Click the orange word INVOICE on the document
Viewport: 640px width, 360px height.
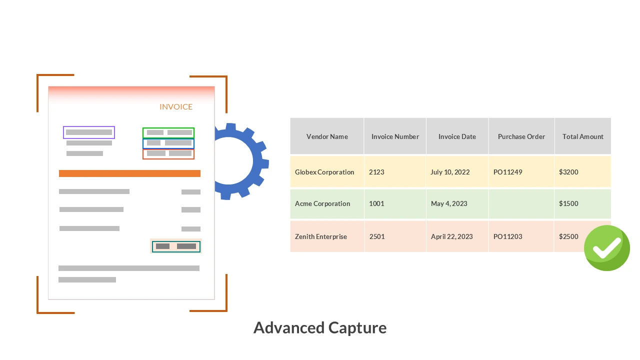point(176,106)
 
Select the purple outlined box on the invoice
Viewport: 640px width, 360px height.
point(89,132)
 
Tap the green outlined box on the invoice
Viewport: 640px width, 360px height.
point(168,132)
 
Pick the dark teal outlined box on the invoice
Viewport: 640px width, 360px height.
point(176,246)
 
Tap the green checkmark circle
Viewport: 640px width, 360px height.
point(606,248)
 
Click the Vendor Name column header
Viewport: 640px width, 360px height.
point(327,136)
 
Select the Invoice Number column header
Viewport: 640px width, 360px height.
point(395,136)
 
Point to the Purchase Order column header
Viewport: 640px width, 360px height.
point(521,136)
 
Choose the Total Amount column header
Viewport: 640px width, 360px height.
point(582,136)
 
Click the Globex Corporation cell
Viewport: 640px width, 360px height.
point(324,172)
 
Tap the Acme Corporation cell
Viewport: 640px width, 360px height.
point(322,203)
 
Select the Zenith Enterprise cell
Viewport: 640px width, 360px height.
point(321,236)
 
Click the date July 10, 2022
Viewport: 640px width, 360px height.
point(450,172)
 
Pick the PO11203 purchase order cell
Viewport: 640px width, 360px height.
point(507,236)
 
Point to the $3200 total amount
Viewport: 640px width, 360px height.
point(568,172)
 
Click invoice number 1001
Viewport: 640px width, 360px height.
point(376,203)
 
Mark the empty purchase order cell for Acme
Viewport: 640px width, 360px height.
point(521,203)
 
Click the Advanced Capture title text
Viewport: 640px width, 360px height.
point(320,327)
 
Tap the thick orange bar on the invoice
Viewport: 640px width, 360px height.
point(129,173)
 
